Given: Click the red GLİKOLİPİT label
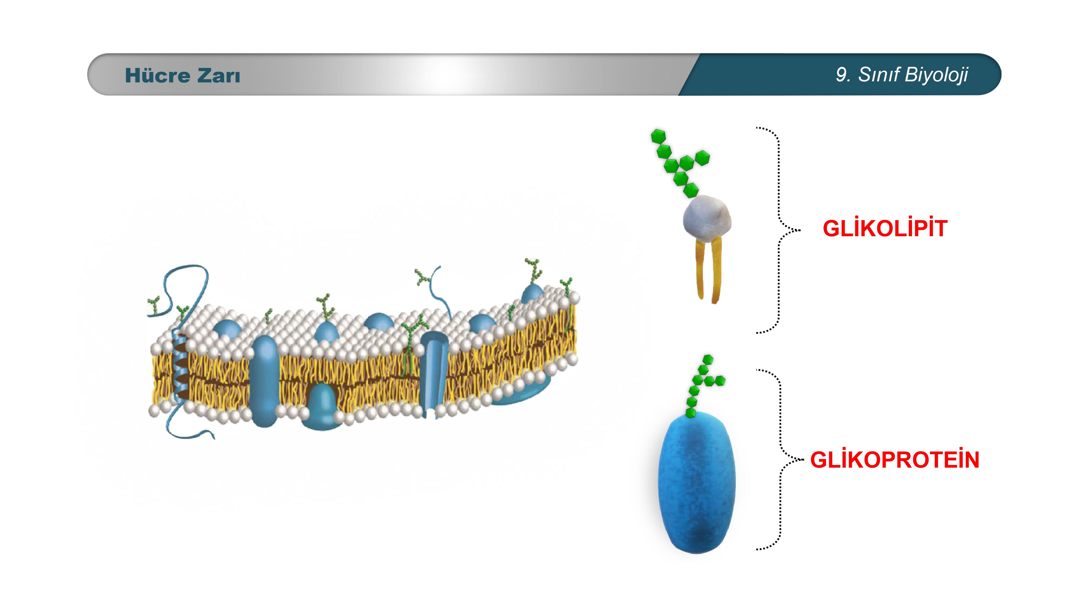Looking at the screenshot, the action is (885, 228).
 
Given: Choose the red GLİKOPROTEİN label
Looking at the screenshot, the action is (894, 460).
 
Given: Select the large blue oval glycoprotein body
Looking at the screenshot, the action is (697, 482).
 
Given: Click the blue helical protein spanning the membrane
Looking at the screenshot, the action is (180, 367).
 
